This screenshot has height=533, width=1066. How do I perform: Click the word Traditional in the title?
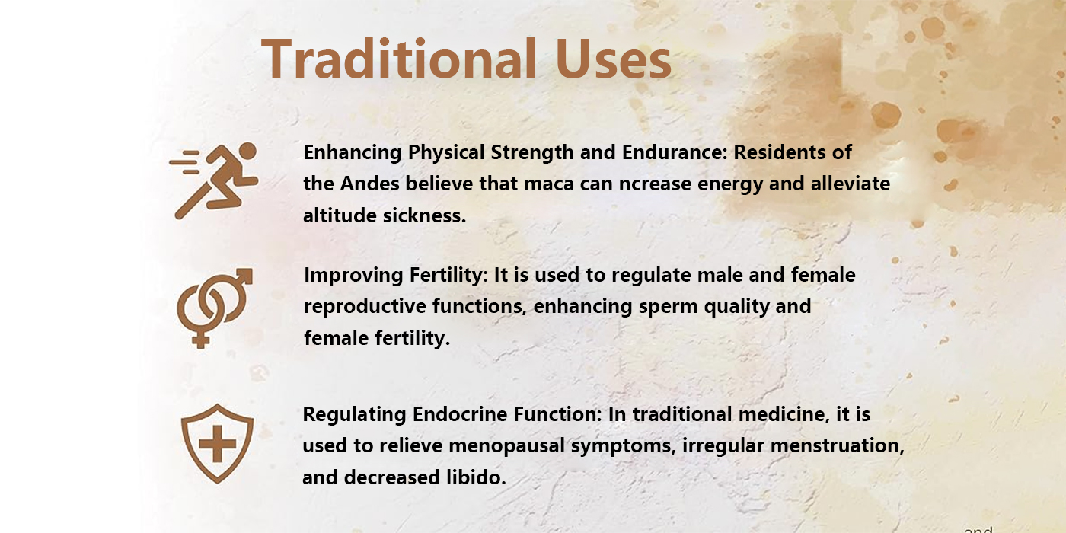pos(399,59)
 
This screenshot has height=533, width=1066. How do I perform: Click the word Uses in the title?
pos(614,59)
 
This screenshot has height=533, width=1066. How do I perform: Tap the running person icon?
pos(214,181)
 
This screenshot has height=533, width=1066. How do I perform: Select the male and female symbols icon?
pos(215,308)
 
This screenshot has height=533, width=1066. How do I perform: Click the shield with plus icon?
pos(218,443)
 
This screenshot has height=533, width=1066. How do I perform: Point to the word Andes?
pos(369,184)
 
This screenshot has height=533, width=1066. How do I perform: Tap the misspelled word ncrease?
pos(655,184)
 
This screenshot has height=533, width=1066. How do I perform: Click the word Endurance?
pos(675,152)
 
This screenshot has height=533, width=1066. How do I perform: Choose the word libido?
pos(477,477)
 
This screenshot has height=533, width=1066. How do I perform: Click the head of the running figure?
pos(247,151)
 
